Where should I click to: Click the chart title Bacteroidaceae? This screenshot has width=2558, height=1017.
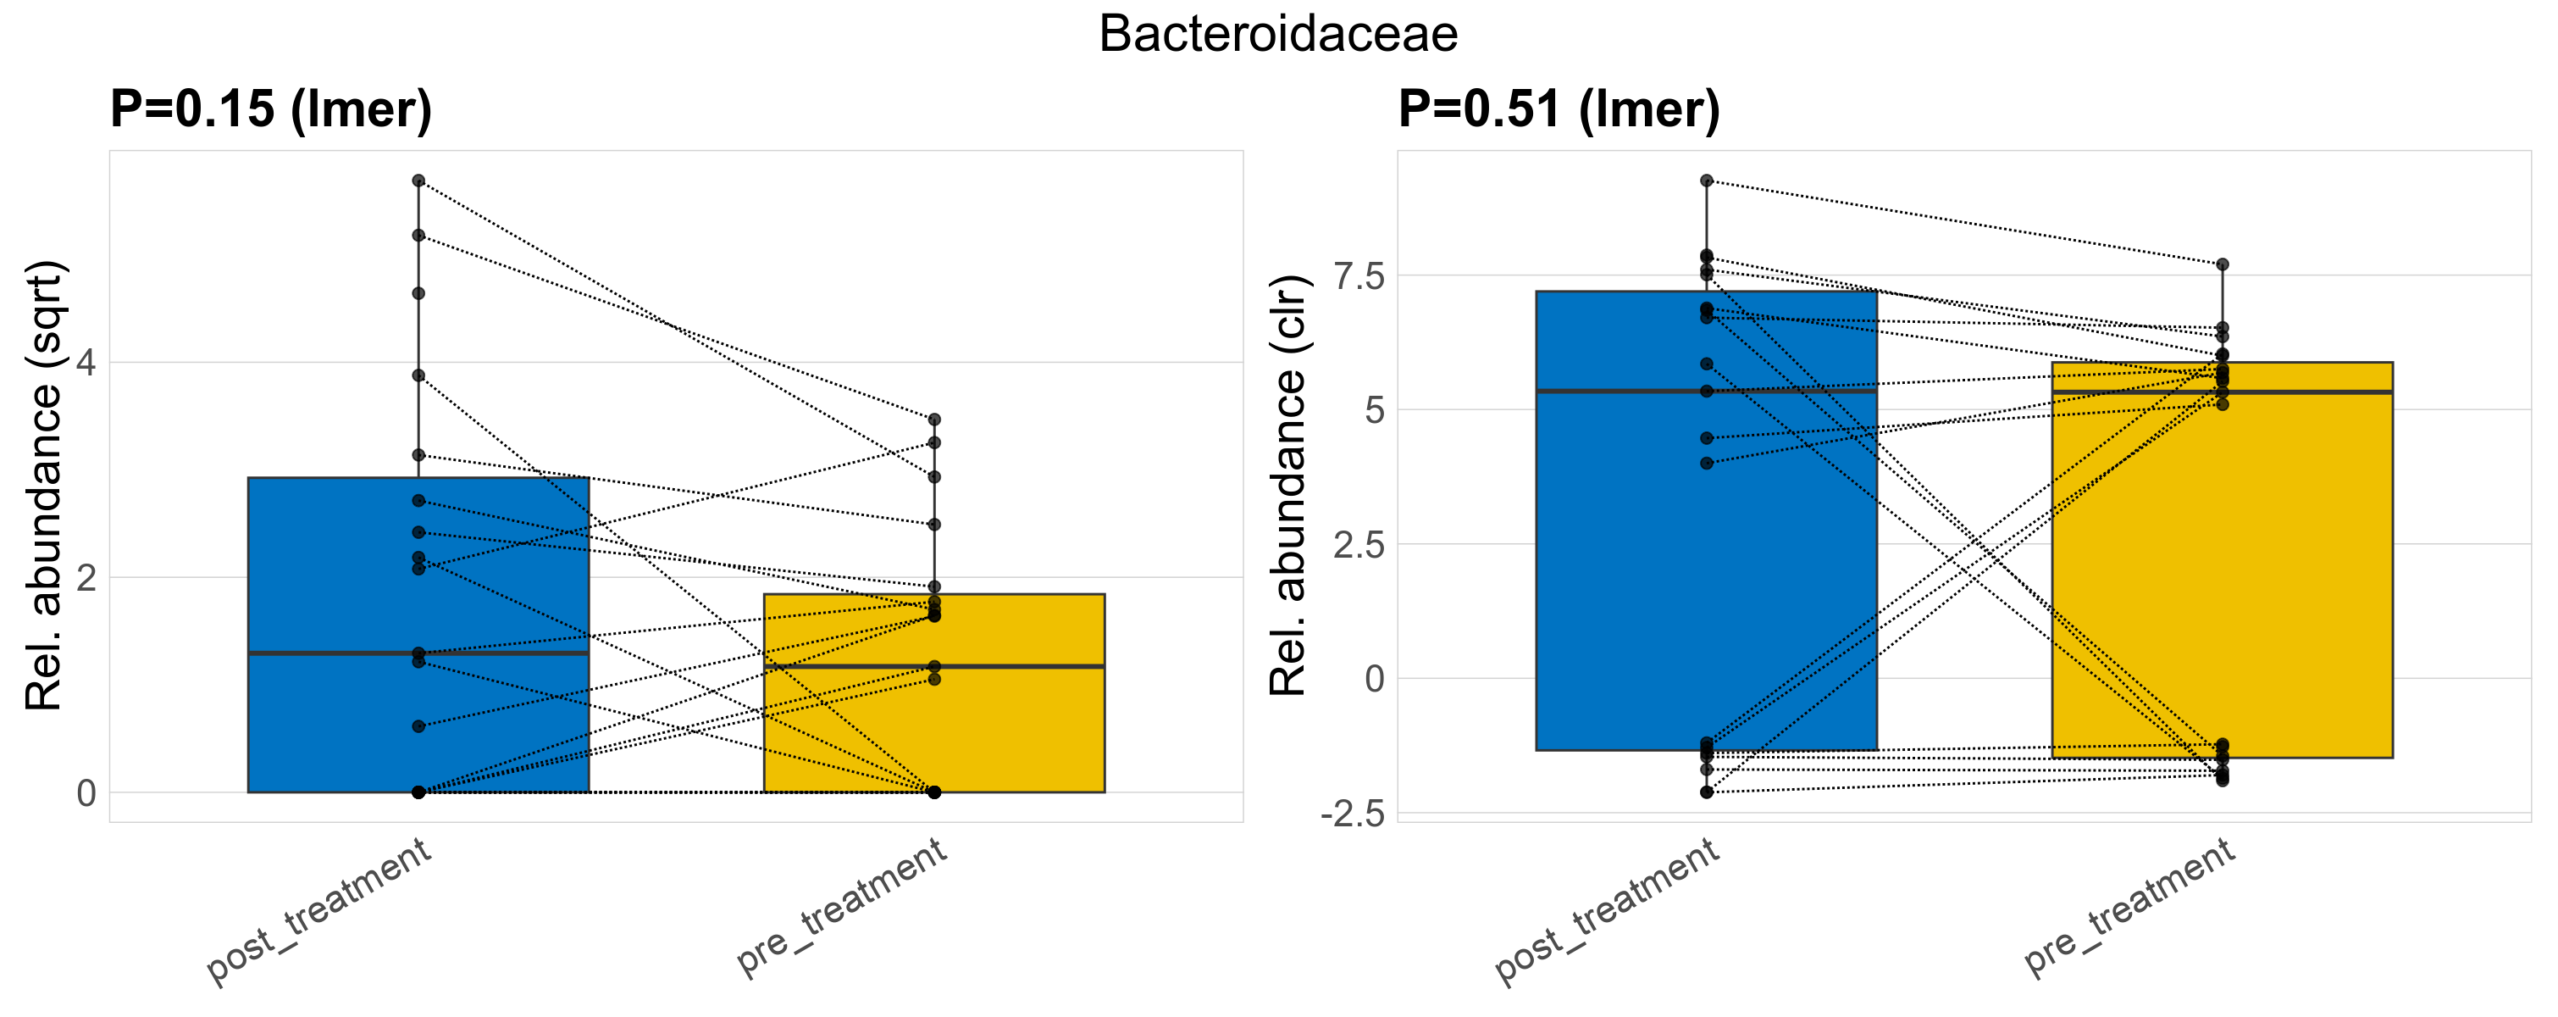point(1278,35)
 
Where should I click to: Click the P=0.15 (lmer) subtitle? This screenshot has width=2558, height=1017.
point(271,108)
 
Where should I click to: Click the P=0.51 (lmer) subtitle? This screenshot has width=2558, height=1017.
point(1559,108)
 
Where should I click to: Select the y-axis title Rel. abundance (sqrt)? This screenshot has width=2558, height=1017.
point(45,486)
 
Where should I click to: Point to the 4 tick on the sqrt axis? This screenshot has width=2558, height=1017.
point(86,363)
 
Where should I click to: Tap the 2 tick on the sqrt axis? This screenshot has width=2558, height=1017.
point(86,577)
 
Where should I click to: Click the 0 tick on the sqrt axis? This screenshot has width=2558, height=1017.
point(86,792)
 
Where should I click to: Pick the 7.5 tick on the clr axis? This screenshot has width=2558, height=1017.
point(1359,276)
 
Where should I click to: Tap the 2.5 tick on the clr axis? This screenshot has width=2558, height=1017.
point(1359,545)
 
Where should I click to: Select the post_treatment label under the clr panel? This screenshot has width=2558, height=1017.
point(1608,911)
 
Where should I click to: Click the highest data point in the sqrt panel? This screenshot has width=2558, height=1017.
point(419,181)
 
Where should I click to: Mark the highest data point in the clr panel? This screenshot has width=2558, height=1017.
point(1707,181)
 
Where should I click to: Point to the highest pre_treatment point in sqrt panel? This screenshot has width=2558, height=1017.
point(934,420)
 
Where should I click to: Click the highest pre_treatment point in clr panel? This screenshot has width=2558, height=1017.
point(2223,264)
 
